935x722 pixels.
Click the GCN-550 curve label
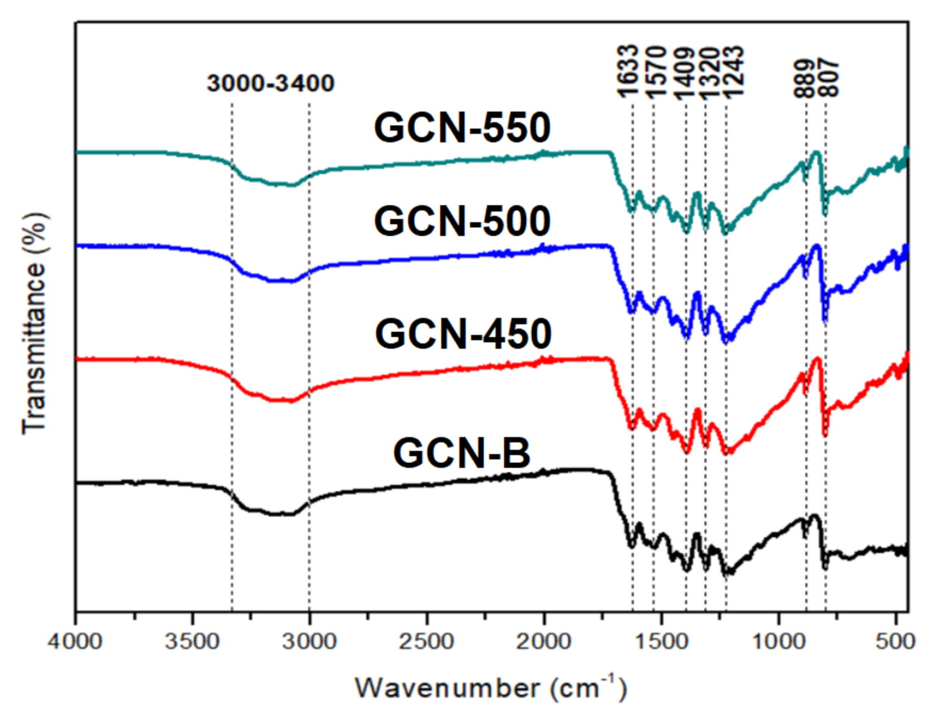[x=462, y=128]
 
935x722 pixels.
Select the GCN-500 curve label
[x=462, y=221]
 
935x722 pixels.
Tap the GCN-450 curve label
[x=463, y=334]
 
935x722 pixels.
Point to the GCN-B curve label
[x=462, y=453]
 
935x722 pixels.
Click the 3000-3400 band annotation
[x=270, y=83]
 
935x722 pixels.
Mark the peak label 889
[x=804, y=78]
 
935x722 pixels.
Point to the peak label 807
[x=828, y=78]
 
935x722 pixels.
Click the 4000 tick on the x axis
[x=75, y=642]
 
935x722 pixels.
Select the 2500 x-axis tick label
[x=427, y=642]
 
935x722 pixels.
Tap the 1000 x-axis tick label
[x=778, y=642]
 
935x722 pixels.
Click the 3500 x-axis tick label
[x=193, y=642]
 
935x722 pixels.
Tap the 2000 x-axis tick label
[x=544, y=642]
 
